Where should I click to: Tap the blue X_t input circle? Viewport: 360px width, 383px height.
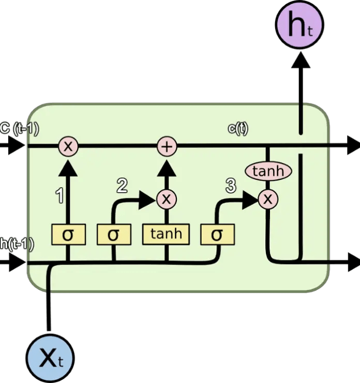pyautogui.click(x=50, y=357)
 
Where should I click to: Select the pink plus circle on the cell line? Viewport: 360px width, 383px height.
pyautogui.click(x=167, y=146)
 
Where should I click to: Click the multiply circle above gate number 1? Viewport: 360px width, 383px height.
pyautogui.click(x=68, y=146)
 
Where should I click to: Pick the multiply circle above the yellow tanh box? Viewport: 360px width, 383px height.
pyautogui.click(x=167, y=198)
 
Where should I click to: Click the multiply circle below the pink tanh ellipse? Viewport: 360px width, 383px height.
pyautogui.click(x=267, y=198)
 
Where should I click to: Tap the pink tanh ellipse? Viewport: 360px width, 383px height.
pyautogui.click(x=267, y=171)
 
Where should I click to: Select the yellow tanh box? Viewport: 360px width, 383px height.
pyautogui.click(x=167, y=234)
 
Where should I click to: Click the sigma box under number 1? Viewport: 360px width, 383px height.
pyautogui.click(x=68, y=235)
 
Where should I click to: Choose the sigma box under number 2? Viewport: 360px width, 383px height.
pyautogui.click(x=113, y=235)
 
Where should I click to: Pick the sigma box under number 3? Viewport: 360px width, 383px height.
pyautogui.click(x=217, y=235)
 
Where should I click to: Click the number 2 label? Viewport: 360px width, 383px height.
pyautogui.click(x=122, y=183)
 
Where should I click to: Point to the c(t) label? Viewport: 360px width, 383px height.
pyautogui.click(x=238, y=129)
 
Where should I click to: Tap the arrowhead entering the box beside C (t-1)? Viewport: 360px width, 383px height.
pyautogui.click(x=18, y=146)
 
